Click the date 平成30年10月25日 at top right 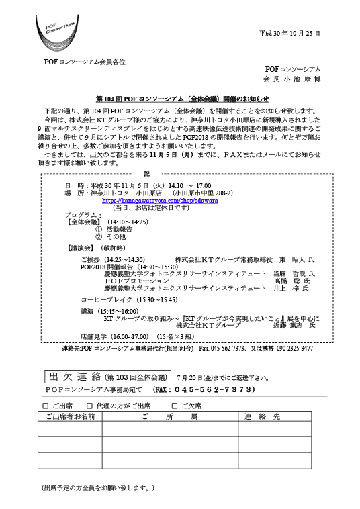(289, 34)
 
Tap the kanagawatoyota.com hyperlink (160, 201)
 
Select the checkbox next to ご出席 (46, 406)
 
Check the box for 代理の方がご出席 (89, 406)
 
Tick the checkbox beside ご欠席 (175, 406)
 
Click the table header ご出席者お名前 (70, 416)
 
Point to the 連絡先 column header (263, 416)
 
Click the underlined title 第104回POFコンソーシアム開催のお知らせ (183, 99)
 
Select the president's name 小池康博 (302, 79)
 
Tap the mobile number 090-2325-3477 (295, 349)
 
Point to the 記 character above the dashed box (147, 174)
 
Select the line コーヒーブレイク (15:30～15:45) (129, 299)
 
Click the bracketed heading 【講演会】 (81, 248)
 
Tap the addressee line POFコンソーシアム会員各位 (85, 62)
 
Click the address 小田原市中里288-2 (204, 193)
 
